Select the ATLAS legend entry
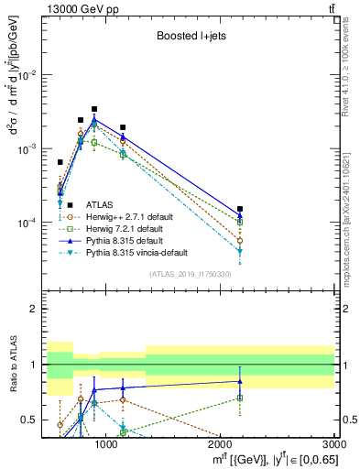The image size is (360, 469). tap(100, 204)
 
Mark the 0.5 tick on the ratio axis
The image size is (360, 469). tap(34, 420)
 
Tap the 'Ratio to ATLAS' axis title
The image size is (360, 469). tap(13, 365)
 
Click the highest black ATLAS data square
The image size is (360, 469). tap(94, 109)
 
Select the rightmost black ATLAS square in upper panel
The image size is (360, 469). tap(240, 209)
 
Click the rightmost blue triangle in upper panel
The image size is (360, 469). tap(240, 216)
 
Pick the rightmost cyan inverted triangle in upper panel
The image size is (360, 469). tap(240, 251)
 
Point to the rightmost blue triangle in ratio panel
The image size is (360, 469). tap(240, 381)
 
